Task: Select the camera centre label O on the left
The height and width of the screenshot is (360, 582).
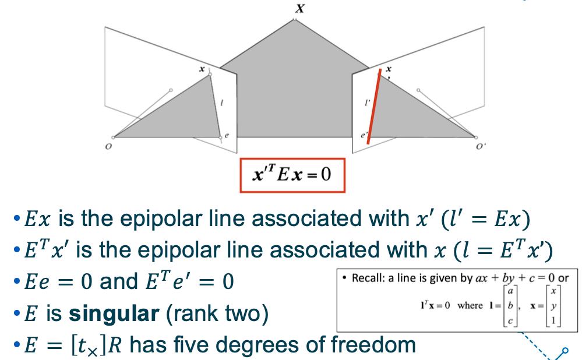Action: point(108,147)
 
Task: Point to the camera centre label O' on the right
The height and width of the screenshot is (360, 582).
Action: point(480,147)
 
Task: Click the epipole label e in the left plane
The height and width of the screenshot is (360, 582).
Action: point(227,135)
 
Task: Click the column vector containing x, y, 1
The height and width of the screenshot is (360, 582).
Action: point(551,305)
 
